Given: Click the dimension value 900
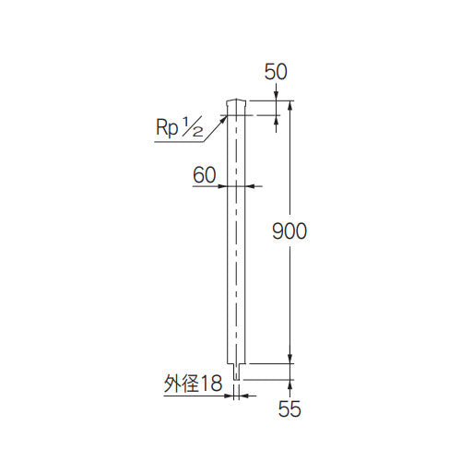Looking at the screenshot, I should tap(289, 231).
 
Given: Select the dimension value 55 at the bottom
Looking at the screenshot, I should tap(290, 409).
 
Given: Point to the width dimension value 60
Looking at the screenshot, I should tap(206, 173).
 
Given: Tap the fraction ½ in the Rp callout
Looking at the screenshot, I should tap(193, 131).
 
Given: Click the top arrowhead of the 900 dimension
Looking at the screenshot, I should tap(291, 104).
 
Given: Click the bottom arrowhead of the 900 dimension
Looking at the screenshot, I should tap(291, 361).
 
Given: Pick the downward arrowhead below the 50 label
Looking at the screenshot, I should tap(277, 98).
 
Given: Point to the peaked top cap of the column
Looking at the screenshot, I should tap(236, 100).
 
